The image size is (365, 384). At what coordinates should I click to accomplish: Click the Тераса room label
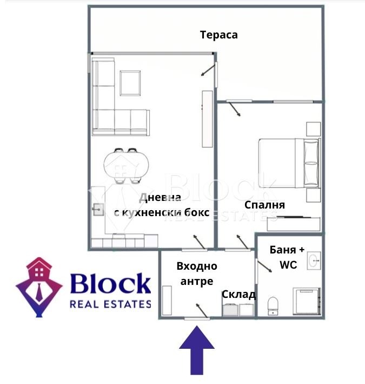tap(219, 35)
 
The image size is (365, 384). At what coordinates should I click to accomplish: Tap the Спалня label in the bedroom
tap(264, 205)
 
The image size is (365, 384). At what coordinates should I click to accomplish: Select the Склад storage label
tap(238, 295)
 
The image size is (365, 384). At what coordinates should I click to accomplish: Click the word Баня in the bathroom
tap(283, 250)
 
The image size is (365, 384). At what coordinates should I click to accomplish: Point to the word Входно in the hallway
tap(197, 266)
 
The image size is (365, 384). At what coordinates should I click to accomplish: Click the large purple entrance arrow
tap(196, 353)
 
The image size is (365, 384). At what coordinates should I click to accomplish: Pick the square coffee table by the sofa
tap(130, 83)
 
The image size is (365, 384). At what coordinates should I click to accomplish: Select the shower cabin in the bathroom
tap(307, 301)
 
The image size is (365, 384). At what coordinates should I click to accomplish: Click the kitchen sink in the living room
tap(98, 209)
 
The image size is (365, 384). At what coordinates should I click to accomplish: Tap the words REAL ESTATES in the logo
tap(110, 304)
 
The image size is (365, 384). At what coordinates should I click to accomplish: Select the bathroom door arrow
tap(264, 266)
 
